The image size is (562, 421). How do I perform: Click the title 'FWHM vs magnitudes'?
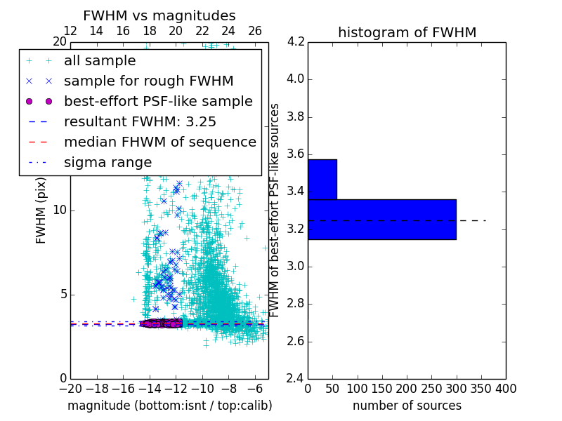coord(159,15)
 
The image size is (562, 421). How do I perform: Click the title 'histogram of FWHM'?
coord(407,32)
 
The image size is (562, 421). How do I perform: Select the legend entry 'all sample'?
coord(100,61)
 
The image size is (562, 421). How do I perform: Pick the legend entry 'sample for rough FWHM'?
coord(149,81)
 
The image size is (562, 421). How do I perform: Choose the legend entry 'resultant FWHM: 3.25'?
coord(140,121)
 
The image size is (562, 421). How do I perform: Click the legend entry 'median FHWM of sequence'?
coord(160,142)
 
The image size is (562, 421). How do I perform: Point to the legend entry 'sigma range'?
coord(107,162)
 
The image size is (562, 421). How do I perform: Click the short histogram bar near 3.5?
coord(322,179)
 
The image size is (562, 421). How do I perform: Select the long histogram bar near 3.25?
coord(381,219)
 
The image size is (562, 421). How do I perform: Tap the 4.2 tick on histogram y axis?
coord(296,41)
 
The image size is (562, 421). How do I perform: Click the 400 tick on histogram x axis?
coord(506,389)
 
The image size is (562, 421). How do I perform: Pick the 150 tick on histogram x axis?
coord(382,389)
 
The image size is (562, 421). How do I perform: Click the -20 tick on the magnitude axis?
coord(70,389)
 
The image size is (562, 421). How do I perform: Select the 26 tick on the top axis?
coord(255,31)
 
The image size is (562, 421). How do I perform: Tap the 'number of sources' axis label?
coord(407,406)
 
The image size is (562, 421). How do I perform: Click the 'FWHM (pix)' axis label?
coord(41,210)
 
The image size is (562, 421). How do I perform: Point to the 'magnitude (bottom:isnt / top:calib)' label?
coord(169,406)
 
